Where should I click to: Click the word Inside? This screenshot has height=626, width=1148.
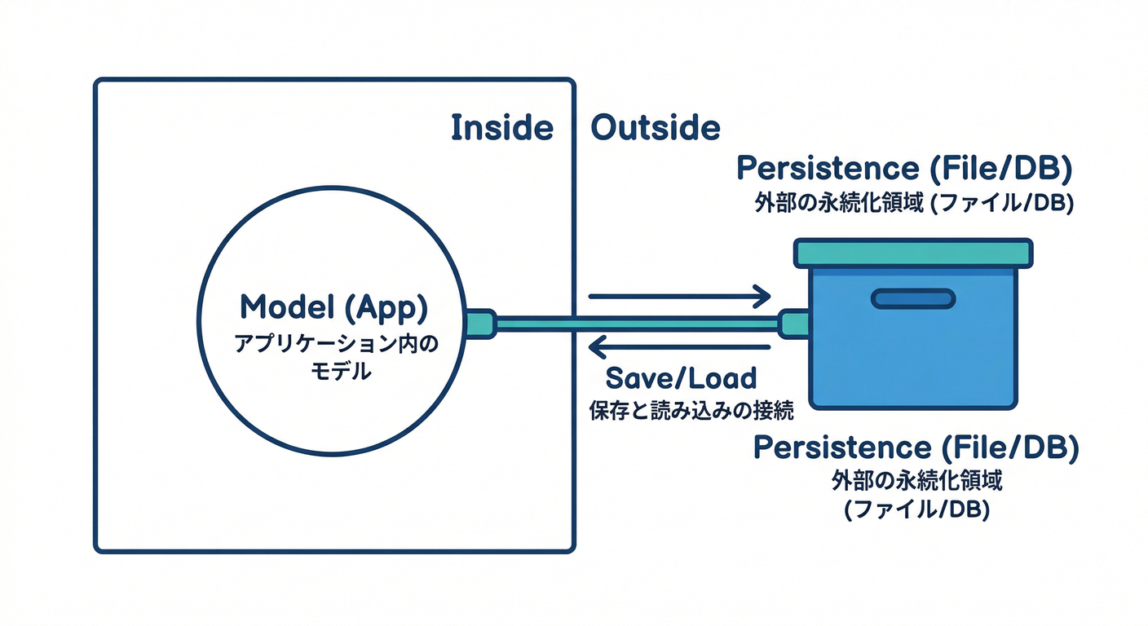[502, 127]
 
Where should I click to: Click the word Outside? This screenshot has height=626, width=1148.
[656, 127]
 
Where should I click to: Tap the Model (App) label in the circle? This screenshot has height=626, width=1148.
[333, 307]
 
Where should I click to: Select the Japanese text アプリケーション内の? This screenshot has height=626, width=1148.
[337, 344]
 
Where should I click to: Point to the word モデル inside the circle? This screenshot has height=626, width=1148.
[341, 371]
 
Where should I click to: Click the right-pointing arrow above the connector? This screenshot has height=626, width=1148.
[679, 296]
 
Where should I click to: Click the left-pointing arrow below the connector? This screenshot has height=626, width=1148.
[679, 346]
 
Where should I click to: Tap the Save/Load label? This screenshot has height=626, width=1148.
[681, 378]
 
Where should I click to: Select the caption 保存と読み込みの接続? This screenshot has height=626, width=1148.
[691, 410]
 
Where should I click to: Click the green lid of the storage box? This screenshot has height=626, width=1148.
[913, 253]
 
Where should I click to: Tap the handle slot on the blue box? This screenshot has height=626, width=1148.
[913, 298]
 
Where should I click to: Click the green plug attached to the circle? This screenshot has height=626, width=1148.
[481, 324]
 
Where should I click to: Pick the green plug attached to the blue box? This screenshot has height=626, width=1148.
[793, 324]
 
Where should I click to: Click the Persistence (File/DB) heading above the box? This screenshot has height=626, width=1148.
[904, 169]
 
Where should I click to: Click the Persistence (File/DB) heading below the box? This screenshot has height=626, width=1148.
[916, 447]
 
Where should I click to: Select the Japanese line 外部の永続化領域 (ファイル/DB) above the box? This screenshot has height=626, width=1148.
[914, 204]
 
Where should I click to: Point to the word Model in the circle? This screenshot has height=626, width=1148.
[288, 306]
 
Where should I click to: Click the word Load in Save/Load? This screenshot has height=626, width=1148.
[722, 378]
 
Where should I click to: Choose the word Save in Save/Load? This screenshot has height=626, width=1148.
[636, 378]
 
